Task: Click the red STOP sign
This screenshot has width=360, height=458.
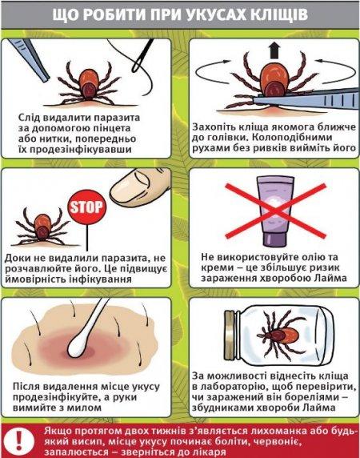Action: (x=87, y=207)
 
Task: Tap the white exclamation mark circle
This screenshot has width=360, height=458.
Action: (x=19, y=440)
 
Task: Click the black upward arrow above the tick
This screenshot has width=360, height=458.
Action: (x=273, y=50)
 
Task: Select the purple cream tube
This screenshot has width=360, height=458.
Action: (x=274, y=211)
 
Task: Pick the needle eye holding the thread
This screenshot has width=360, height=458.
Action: (x=142, y=55)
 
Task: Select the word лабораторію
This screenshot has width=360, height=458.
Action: (x=228, y=387)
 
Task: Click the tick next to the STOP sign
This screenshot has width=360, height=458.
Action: (x=42, y=227)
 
